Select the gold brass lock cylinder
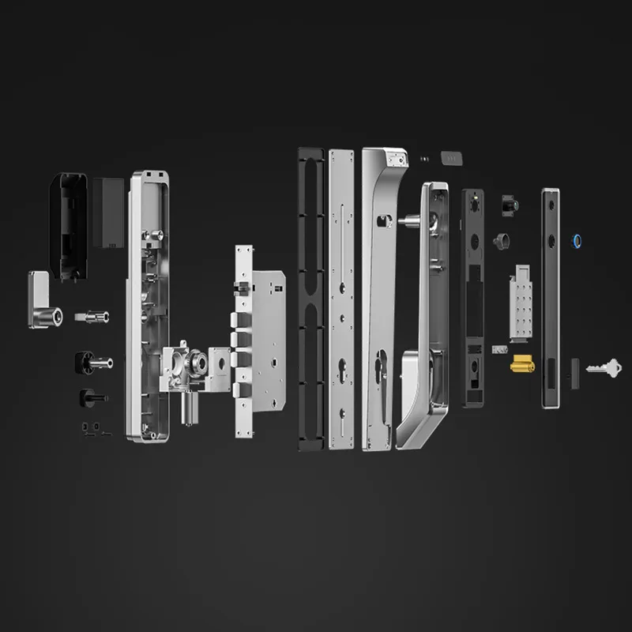(522, 364)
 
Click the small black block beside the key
(574, 367)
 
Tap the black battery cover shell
(70, 225)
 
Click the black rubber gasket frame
(310, 299)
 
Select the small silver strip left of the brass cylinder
(497, 348)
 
